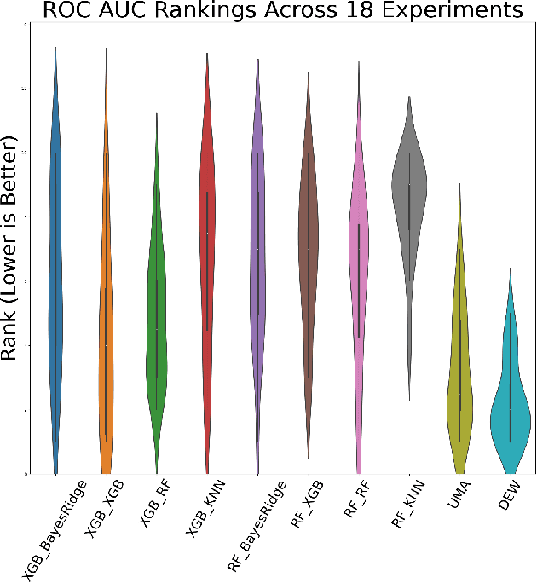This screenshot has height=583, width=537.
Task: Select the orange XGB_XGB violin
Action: pyautogui.click(x=106, y=358)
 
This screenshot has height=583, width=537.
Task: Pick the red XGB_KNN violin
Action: pyautogui.click(x=206, y=256)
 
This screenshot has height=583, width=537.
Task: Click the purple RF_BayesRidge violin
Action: pyautogui.click(x=257, y=256)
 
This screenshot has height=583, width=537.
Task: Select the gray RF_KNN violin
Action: pyautogui.click(x=409, y=188)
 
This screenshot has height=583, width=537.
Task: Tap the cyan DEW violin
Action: pyautogui.click(x=511, y=409)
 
